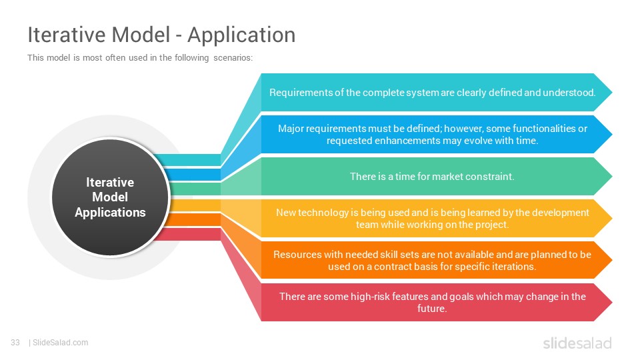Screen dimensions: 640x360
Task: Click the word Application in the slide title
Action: (x=241, y=35)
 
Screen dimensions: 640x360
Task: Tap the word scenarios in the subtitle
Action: (x=233, y=57)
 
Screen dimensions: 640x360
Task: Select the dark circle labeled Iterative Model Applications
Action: (x=110, y=197)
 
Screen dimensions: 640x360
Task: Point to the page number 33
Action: (x=15, y=343)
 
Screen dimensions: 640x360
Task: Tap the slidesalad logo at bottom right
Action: (x=577, y=343)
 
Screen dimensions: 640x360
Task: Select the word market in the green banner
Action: (x=447, y=177)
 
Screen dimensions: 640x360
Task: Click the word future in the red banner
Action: (x=431, y=309)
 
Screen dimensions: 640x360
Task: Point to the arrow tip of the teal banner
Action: (x=612, y=92)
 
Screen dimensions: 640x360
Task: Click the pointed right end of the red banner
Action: (x=612, y=303)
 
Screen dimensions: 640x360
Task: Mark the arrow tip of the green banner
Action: (x=612, y=176)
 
